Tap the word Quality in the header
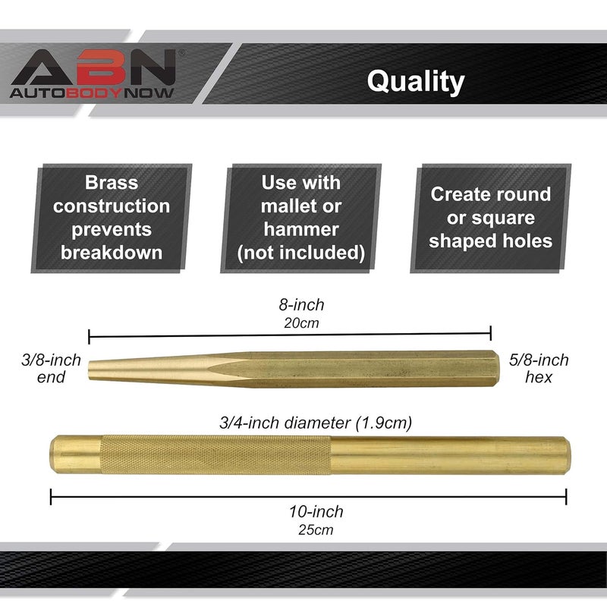(415, 81)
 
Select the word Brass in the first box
(112, 183)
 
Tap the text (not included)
(301, 252)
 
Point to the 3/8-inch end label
(51, 368)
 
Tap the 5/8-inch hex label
(539, 368)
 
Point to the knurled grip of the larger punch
(216, 455)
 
